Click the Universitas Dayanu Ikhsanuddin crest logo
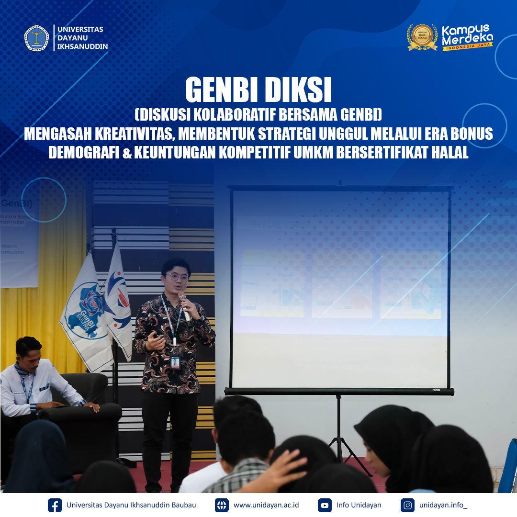[37, 38]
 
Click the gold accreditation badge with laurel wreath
[422, 37]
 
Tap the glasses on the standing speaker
[178, 277]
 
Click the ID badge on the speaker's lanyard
[175, 362]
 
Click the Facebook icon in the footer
[55, 505]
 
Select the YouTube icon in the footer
[325, 505]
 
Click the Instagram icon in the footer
[408, 505]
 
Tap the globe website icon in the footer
[222, 505]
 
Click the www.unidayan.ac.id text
[266, 505]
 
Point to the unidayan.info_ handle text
[443, 505]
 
